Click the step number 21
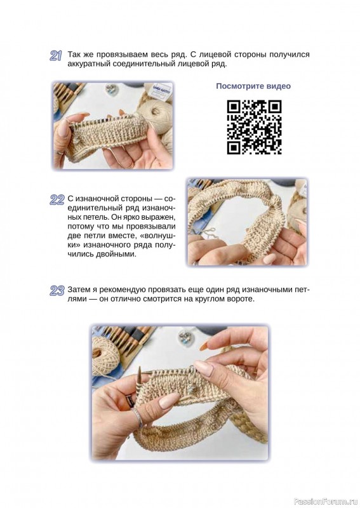[x=55, y=56]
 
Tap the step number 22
[x=57, y=200]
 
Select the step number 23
[x=57, y=291]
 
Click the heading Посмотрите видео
[x=253, y=86]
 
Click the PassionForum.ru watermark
[x=326, y=502]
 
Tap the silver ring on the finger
[x=137, y=417]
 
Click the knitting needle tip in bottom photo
[x=140, y=371]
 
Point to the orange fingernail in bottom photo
[x=204, y=347]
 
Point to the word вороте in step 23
[x=240, y=298]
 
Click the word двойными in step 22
[x=116, y=255]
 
